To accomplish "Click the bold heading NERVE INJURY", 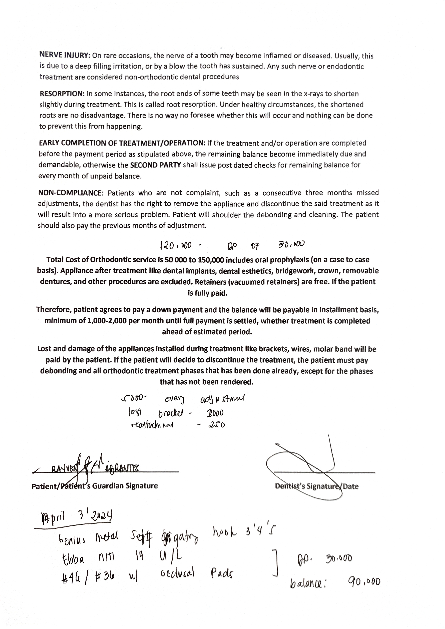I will pos(65,55).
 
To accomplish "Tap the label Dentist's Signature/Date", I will pos(316,486).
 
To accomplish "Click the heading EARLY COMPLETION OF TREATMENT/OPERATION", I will pos(122,143).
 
